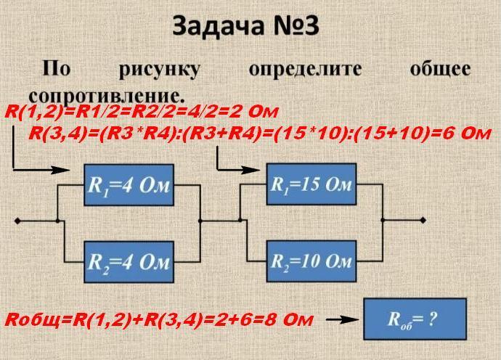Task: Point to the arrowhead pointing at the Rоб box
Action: click(354, 319)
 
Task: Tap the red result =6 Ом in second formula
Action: click(462, 134)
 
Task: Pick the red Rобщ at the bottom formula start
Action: click(33, 319)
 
